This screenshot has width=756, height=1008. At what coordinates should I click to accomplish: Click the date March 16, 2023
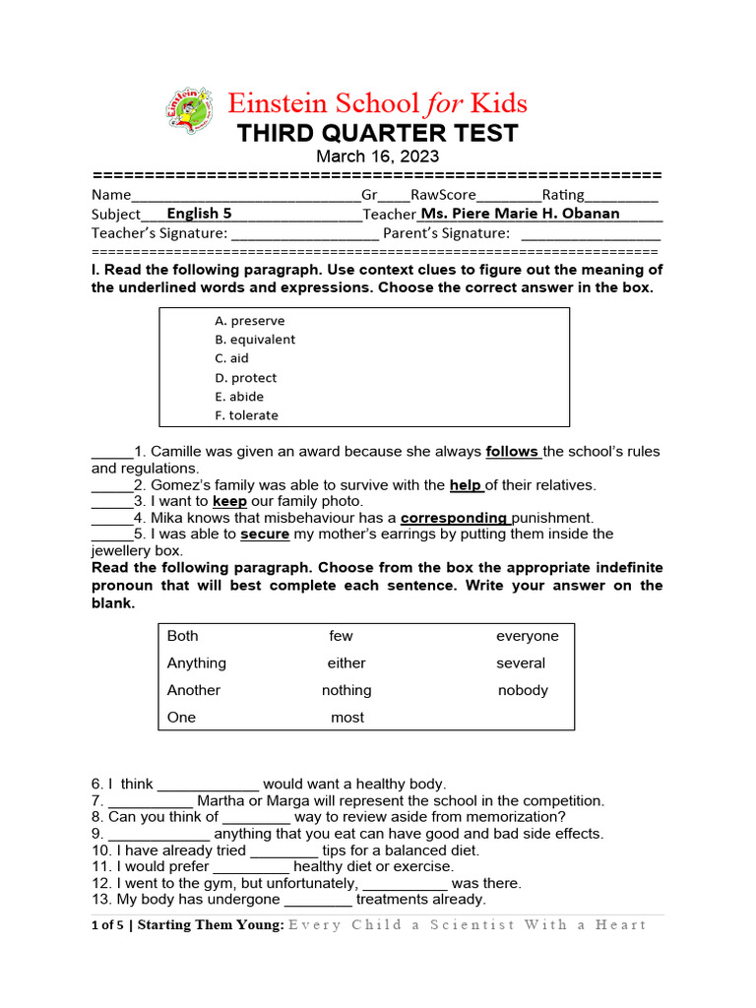[377, 157]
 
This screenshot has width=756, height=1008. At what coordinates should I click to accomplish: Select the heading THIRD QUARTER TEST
[377, 133]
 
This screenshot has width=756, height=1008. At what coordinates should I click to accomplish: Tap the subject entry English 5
[199, 213]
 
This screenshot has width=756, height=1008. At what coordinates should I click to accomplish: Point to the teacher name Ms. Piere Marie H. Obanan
[520, 213]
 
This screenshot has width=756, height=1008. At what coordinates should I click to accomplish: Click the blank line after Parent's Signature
[590, 234]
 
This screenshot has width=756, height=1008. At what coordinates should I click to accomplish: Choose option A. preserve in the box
[250, 321]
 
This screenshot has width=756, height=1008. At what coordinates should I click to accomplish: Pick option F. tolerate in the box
[246, 415]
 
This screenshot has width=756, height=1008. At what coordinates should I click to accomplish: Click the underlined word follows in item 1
[511, 452]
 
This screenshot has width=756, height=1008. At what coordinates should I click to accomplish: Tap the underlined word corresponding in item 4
[454, 518]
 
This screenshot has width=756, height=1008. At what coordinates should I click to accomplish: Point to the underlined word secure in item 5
[265, 535]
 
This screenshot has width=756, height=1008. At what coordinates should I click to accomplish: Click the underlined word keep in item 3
[229, 501]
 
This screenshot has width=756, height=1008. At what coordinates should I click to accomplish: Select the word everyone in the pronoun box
[527, 636]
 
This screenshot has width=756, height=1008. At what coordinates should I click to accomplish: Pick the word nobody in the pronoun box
[523, 690]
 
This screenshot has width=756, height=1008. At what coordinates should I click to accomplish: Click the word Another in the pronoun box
[194, 690]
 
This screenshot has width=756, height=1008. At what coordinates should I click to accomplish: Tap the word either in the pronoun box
[346, 663]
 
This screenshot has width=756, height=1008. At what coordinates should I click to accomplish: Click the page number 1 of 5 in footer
[106, 924]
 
